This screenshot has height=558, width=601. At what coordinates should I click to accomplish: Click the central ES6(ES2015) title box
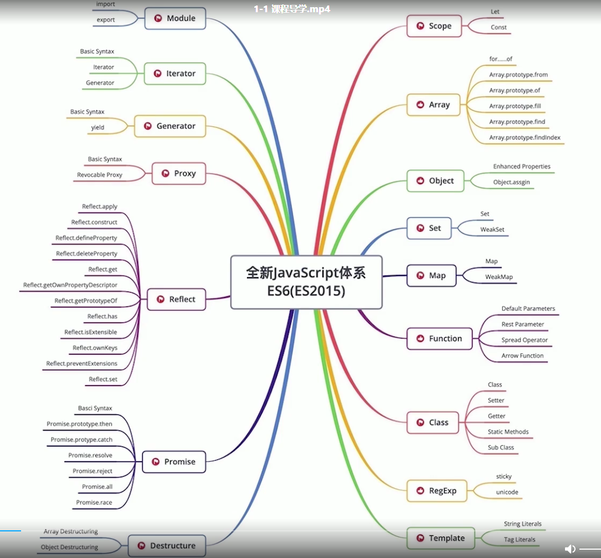click(306, 281)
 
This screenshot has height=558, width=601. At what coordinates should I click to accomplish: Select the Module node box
click(175, 18)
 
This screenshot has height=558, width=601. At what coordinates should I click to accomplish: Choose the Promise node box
click(173, 462)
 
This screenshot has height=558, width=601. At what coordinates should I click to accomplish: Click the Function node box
click(439, 339)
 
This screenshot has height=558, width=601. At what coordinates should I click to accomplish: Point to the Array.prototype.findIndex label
click(525, 137)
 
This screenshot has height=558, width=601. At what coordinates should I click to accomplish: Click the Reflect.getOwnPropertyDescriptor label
click(70, 285)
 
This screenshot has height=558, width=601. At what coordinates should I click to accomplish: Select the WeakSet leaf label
click(492, 229)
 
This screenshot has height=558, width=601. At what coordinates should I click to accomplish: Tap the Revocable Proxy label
click(100, 175)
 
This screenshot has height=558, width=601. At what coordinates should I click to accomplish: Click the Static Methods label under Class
click(508, 432)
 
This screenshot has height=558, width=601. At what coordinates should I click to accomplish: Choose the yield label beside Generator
click(97, 127)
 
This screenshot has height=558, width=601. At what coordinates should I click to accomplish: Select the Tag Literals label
click(518, 539)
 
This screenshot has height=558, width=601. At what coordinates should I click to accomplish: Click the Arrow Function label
click(522, 356)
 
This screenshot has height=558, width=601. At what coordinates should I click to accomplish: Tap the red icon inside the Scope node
click(419, 26)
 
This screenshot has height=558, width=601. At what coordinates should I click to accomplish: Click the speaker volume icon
click(570, 549)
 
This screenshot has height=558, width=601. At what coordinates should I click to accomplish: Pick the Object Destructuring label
click(69, 547)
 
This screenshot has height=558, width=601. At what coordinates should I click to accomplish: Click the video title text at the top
click(292, 9)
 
